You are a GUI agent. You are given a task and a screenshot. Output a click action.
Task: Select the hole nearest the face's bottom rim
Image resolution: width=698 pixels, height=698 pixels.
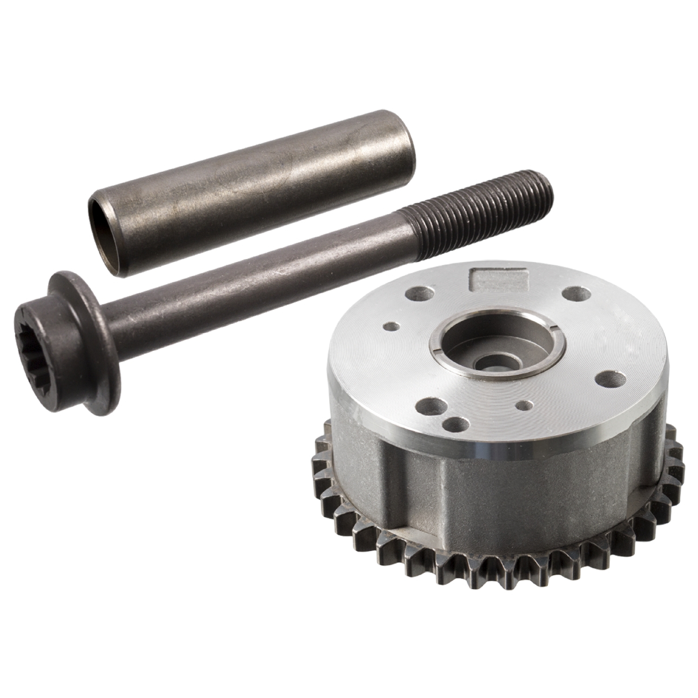(456, 424)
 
